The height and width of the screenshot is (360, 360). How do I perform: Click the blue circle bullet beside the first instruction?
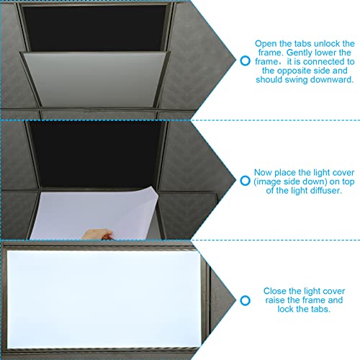coord(245,60)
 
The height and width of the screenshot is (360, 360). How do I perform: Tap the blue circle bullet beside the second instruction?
coord(245,181)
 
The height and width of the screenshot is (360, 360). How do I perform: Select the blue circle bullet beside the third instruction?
coord(245,300)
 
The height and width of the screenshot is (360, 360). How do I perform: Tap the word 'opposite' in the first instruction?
coord(294,71)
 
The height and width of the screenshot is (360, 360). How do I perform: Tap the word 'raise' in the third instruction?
coord(275,300)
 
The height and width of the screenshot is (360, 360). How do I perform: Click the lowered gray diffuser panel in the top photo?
coord(96,79)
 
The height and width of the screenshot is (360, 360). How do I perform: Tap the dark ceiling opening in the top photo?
coord(94,28)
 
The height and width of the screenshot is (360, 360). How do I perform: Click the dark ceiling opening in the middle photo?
coord(96,153)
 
